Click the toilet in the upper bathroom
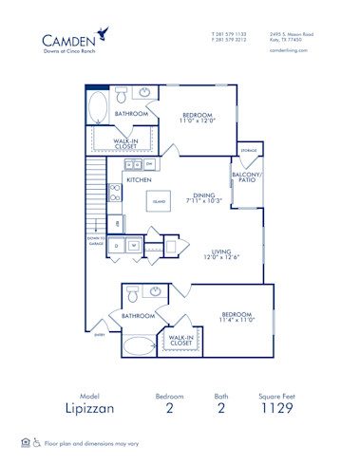120,96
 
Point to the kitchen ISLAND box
159,201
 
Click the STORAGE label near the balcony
248,151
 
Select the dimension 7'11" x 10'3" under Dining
203,201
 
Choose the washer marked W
134,245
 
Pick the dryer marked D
116,245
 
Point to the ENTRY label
100,334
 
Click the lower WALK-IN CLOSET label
181,340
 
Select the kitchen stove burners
115,193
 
